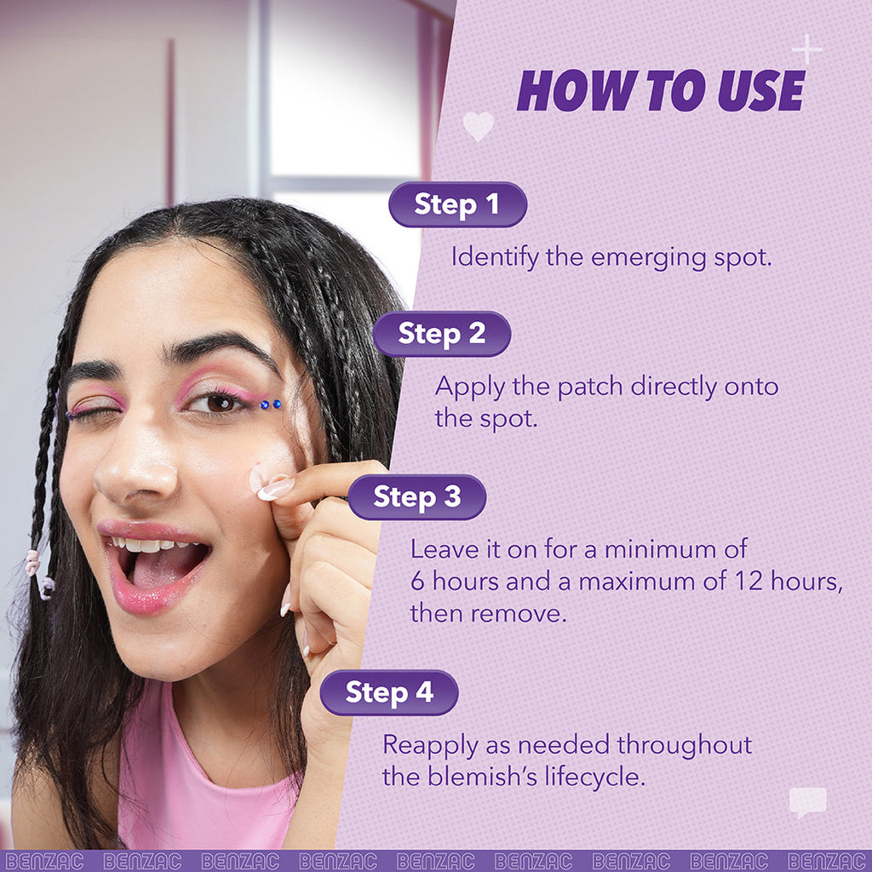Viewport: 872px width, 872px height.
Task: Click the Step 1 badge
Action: click(457, 204)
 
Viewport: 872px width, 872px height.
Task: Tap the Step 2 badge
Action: click(441, 334)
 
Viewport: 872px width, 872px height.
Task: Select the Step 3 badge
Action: click(416, 497)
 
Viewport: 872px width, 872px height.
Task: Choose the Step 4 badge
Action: click(389, 692)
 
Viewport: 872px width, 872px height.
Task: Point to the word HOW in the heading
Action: click(566, 90)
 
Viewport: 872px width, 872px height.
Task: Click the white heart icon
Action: click(478, 126)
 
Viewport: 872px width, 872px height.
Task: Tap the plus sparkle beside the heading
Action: click(806, 49)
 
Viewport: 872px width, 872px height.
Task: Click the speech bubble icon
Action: click(806, 801)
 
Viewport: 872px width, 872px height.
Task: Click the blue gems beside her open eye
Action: click(270, 404)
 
